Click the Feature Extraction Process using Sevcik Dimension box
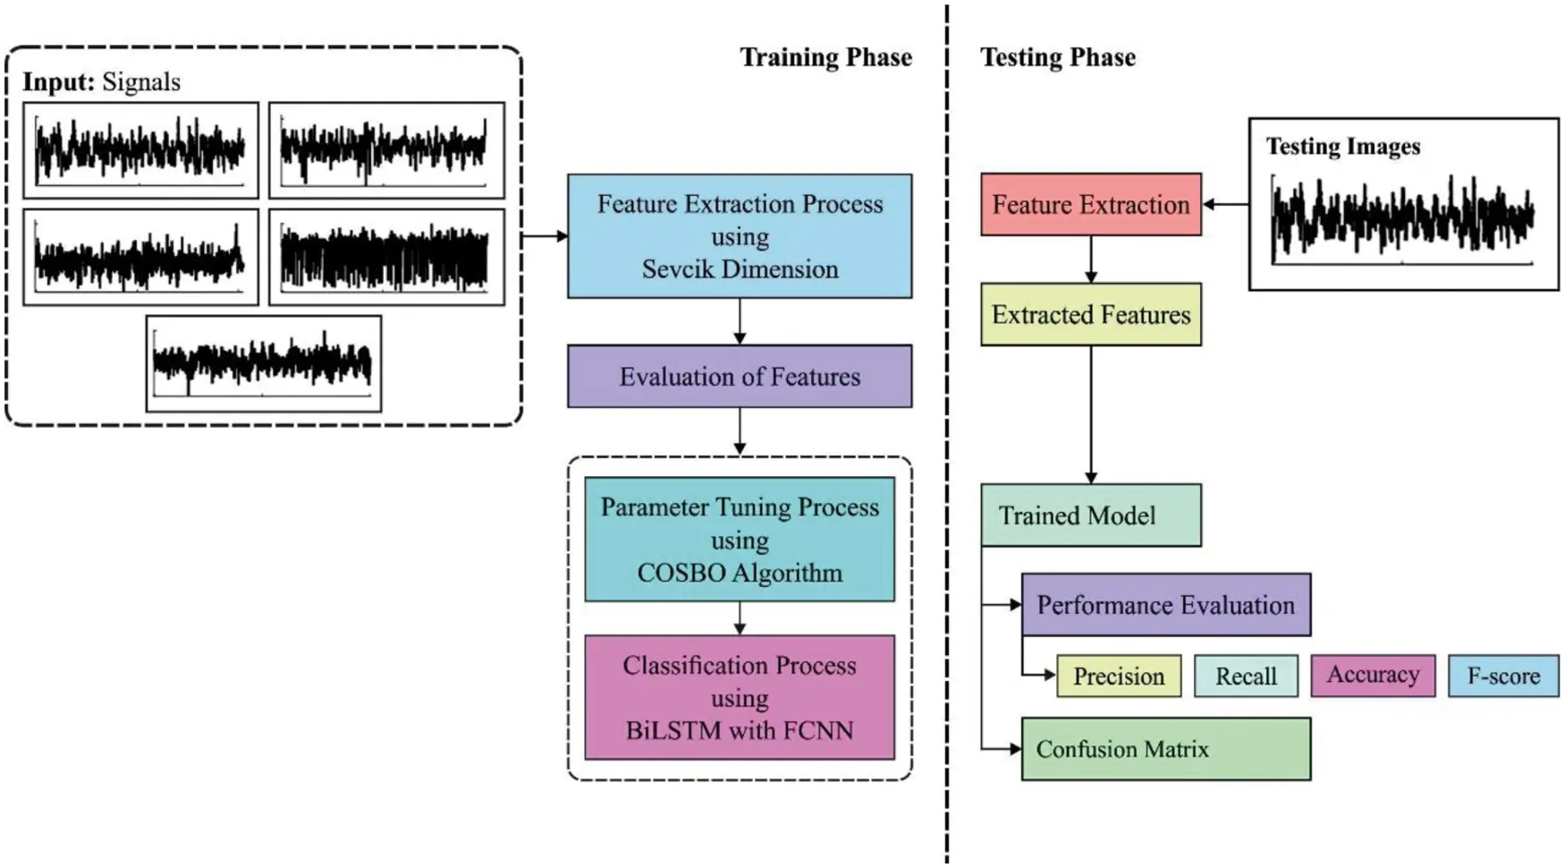[x=740, y=236]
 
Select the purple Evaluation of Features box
[x=740, y=377]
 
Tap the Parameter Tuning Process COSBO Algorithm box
[x=740, y=540]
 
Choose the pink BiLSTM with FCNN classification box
[x=740, y=698]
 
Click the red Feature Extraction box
[x=1090, y=205]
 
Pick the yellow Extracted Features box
[x=1090, y=315]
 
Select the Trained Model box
[x=1090, y=515]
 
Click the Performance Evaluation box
[x=1165, y=605]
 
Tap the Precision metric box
[x=1119, y=677]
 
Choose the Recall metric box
[x=1246, y=677]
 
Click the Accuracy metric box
[x=1373, y=676]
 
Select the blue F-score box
[x=1503, y=677]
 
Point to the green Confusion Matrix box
[x=1165, y=749]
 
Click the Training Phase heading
[x=825, y=58]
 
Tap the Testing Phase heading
[x=1058, y=58]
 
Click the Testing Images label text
[x=1342, y=147]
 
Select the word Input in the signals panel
[x=58, y=82]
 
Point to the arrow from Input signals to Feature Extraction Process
[x=544, y=236]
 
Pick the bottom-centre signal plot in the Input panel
[x=264, y=363]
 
